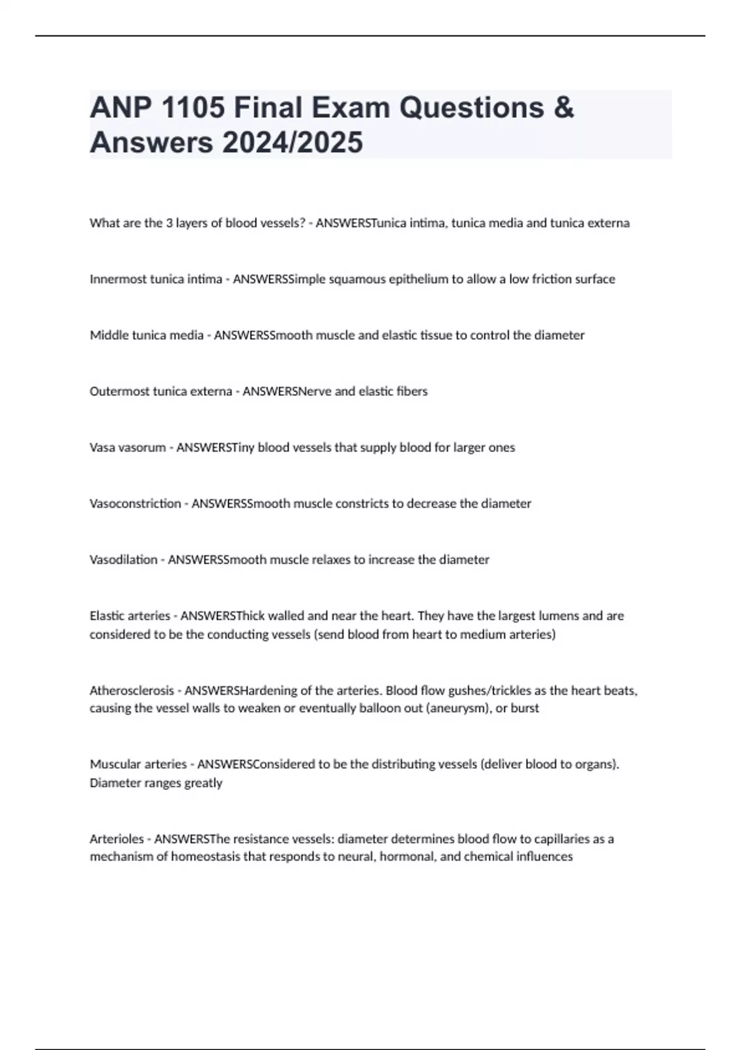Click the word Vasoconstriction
135,503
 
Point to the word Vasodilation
124,560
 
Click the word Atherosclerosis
132,691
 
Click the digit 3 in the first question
169,223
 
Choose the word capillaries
559,839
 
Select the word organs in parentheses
596,765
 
